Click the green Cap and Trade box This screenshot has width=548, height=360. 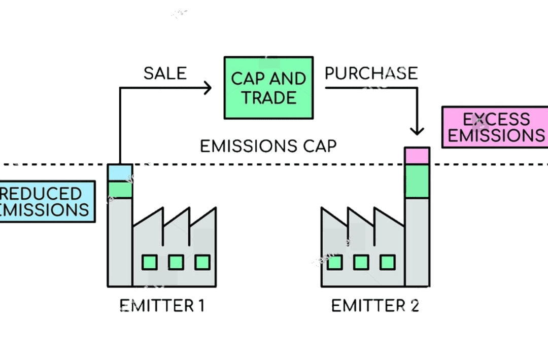tap(268, 87)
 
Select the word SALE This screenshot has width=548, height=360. tap(165, 74)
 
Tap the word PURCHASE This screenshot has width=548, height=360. tap(371, 74)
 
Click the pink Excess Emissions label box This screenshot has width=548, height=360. tap(495, 128)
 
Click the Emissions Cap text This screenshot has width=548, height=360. tap(268, 147)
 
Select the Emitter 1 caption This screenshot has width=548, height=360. tap(162, 306)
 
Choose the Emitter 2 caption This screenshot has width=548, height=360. tap(375, 306)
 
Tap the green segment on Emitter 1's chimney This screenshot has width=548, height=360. tap(120, 190)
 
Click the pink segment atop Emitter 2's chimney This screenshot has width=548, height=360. tap(417, 156)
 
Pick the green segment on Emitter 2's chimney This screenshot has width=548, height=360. tap(417, 181)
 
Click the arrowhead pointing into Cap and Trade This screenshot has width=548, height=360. tap(207, 88)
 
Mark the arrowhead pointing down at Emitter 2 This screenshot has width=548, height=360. tap(417, 130)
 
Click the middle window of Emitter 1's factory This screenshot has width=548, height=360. tap(176, 262)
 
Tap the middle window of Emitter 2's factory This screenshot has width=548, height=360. tap(361, 262)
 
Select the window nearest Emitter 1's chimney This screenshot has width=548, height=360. tap(149, 262)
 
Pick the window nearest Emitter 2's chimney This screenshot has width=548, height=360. tap(388, 262)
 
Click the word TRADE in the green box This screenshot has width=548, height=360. tap(268, 97)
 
